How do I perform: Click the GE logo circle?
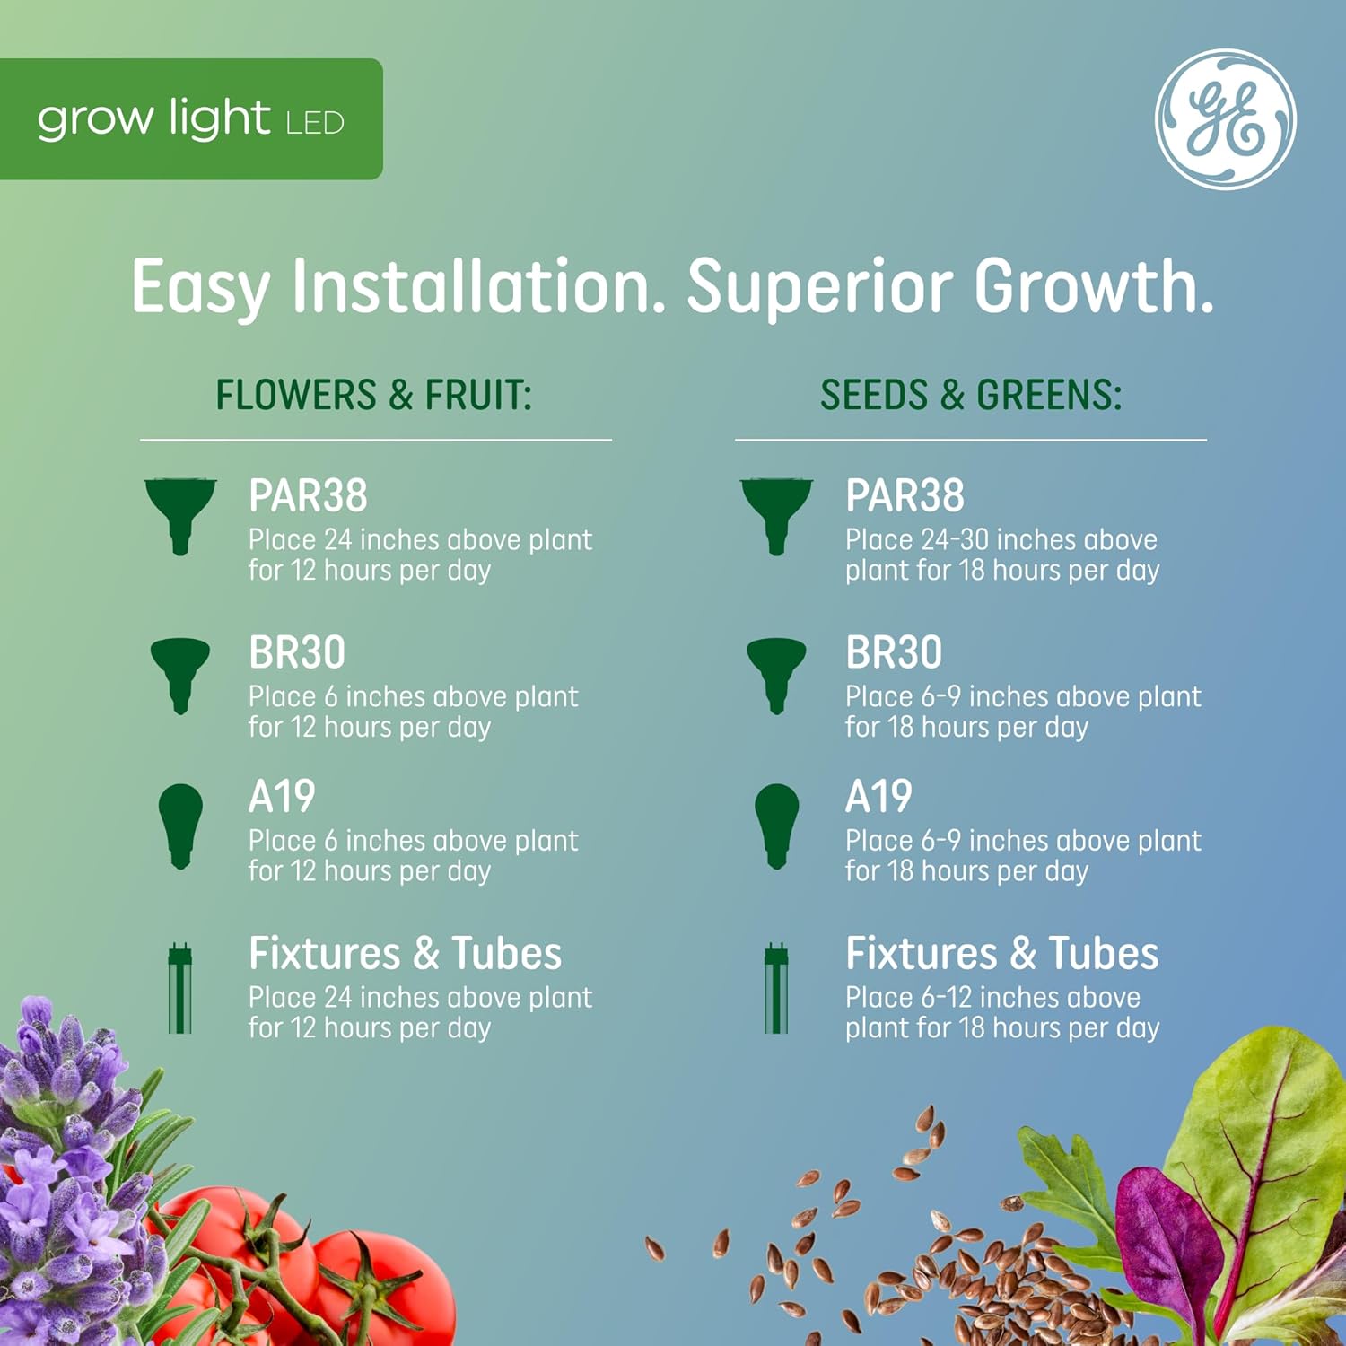click(1225, 119)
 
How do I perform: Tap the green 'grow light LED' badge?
click(190, 119)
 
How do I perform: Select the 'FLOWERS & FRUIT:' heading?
click(373, 395)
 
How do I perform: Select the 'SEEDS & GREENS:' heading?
click(971, 395)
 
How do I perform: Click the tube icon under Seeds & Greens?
click(776, 988)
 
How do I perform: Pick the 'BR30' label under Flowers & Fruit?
click(297, 652)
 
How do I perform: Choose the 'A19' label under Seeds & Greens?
click(878, 797)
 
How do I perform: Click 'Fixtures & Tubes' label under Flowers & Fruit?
click(405, 953)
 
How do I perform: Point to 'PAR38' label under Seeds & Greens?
click(905, 495)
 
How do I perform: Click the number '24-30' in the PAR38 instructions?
click(954, 540)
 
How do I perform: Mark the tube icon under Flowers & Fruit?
click(180, 988)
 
